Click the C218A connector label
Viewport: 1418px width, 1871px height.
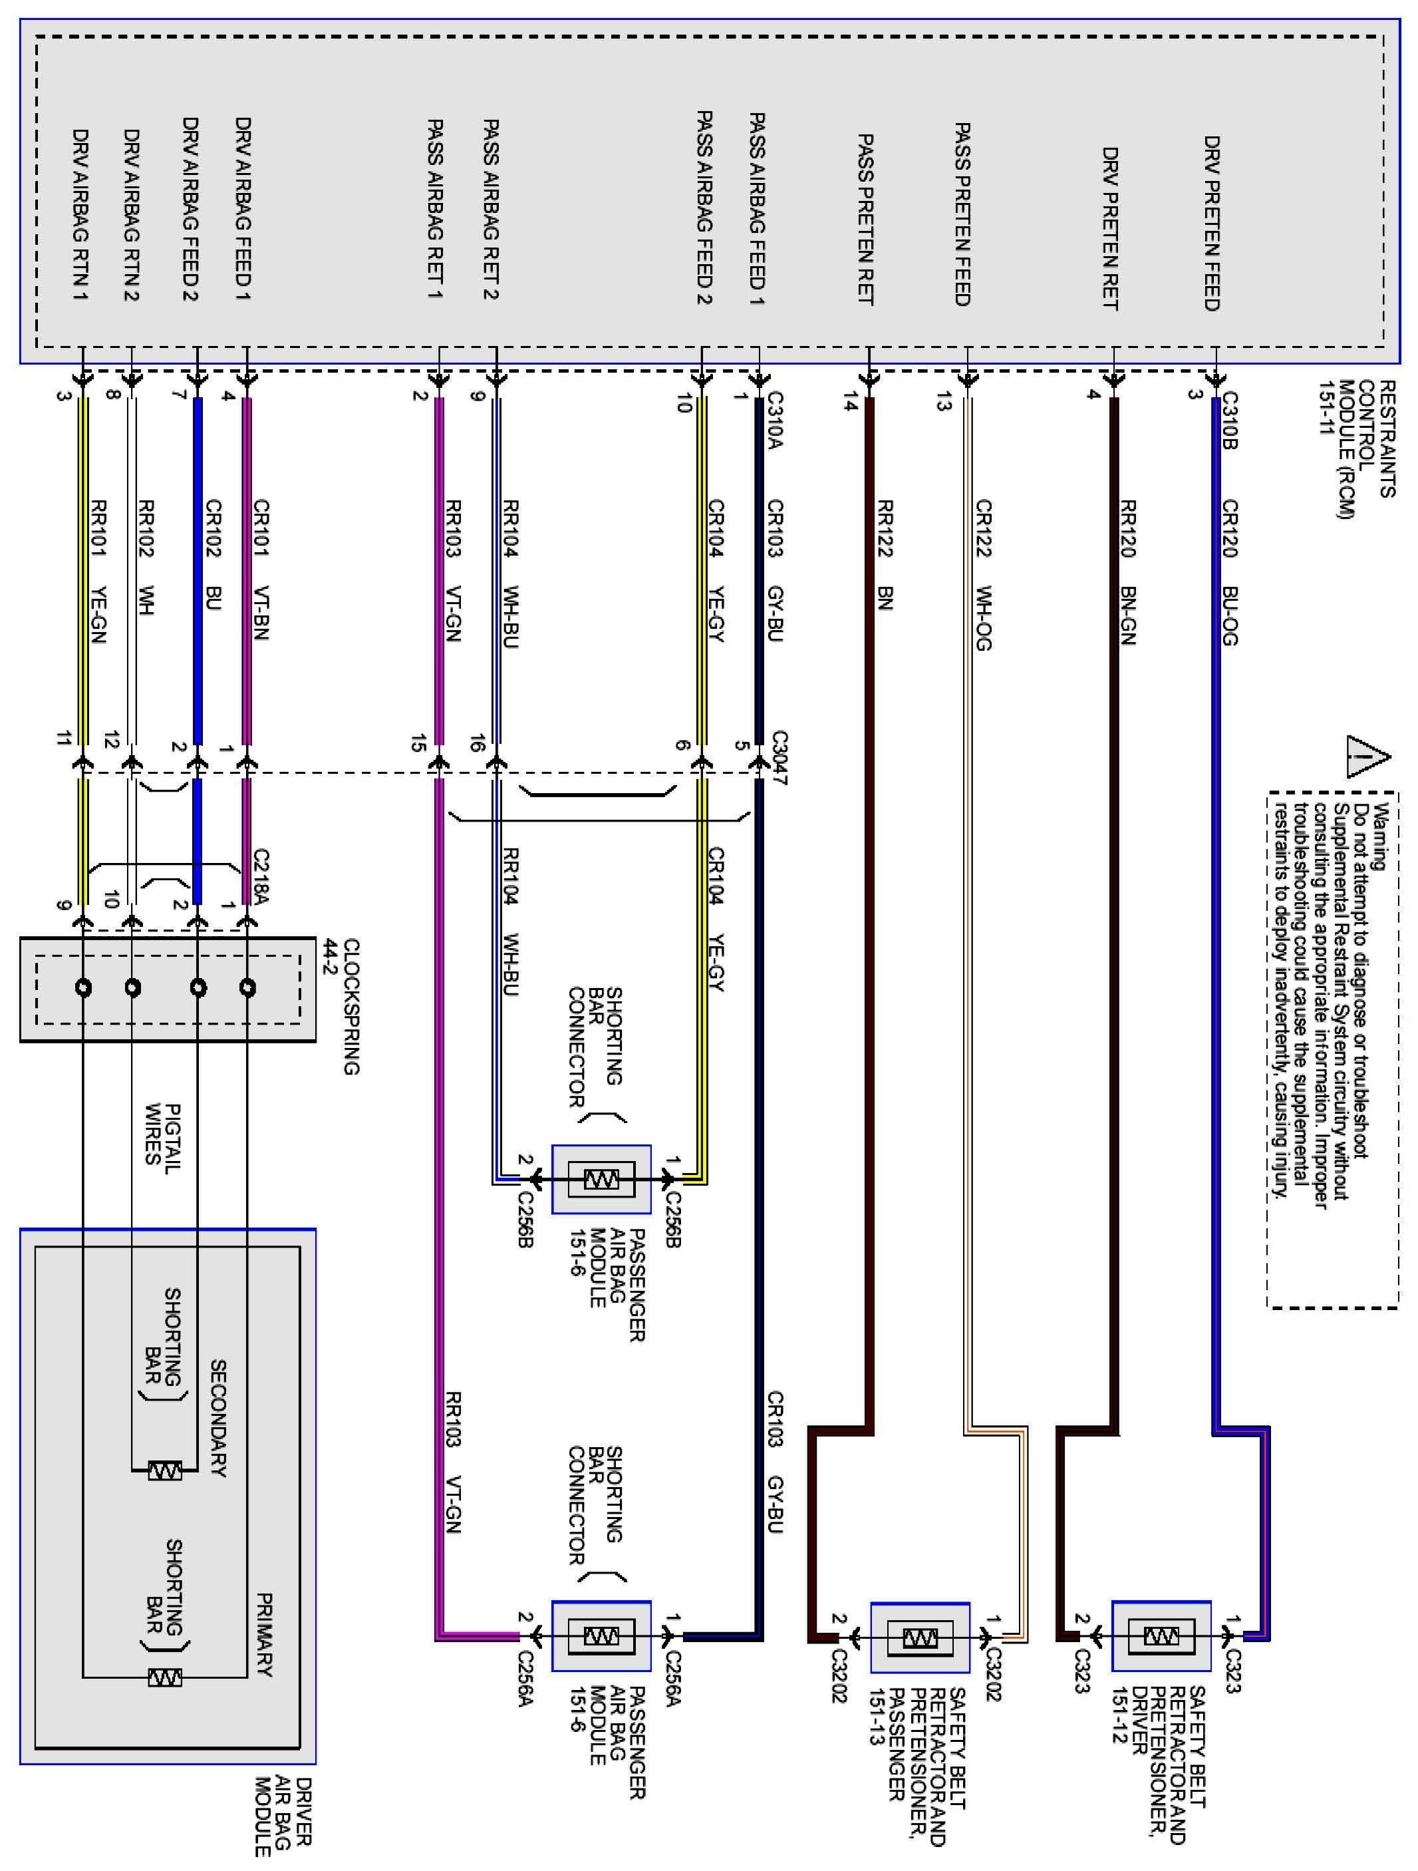(261, 877)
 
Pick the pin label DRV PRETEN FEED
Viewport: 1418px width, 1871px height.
(1212, 224)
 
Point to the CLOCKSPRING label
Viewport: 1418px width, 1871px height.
(352, 1007)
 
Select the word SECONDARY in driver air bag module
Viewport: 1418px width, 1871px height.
(218, 1418)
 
